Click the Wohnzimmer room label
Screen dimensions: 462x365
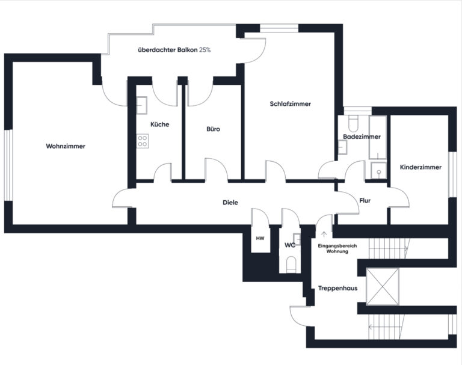click(66, 146)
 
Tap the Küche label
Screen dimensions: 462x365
click(159, 124)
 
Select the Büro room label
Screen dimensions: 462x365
click(213, 129)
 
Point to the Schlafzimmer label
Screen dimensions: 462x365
click(290, 103)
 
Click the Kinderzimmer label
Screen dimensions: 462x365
click(420, 167)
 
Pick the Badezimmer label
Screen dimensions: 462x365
click(362, 136)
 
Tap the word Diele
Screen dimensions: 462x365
click(230, 203)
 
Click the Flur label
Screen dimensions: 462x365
click(365, 200)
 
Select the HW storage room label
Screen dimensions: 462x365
click(260, 238)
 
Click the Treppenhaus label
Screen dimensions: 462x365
click(337, 288)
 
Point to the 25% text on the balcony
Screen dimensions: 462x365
click(205, 50)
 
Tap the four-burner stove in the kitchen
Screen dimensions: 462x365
click(143, 141)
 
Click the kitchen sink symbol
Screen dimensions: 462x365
click(142, 105)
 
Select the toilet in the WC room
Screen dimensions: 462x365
click(291, 264)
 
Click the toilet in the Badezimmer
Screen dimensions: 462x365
click(353, 123)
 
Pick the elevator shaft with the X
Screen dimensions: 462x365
click(382, 286)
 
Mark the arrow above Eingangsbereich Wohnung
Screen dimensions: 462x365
click(324, 235)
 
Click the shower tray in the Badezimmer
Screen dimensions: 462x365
click(378, 170)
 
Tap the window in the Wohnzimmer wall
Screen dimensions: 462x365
click(8, 165)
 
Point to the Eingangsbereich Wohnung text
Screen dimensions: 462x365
click(337, 248)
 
